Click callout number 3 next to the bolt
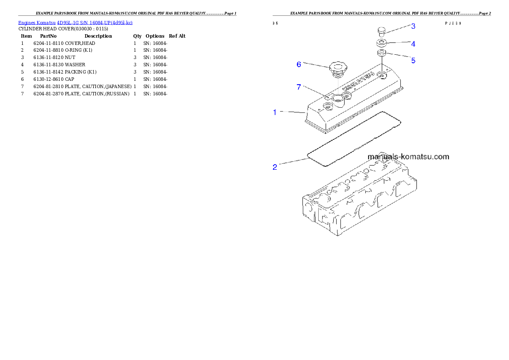pos(413,26)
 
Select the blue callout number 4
pos(413,44)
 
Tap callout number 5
pos(413,60)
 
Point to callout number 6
pos(299,64)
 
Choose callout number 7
pos(299,87)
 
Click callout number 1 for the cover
pos(275,112)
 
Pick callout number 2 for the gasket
pos(275,167)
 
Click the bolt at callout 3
pos(382,31)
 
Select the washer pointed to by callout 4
pos(382,43)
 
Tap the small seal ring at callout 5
pos(382,53)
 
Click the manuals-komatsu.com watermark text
pos(408,156)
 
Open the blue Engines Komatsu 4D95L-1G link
pos(75,22)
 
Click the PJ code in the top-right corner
pos(453,24)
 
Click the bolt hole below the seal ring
pos(382,75)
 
